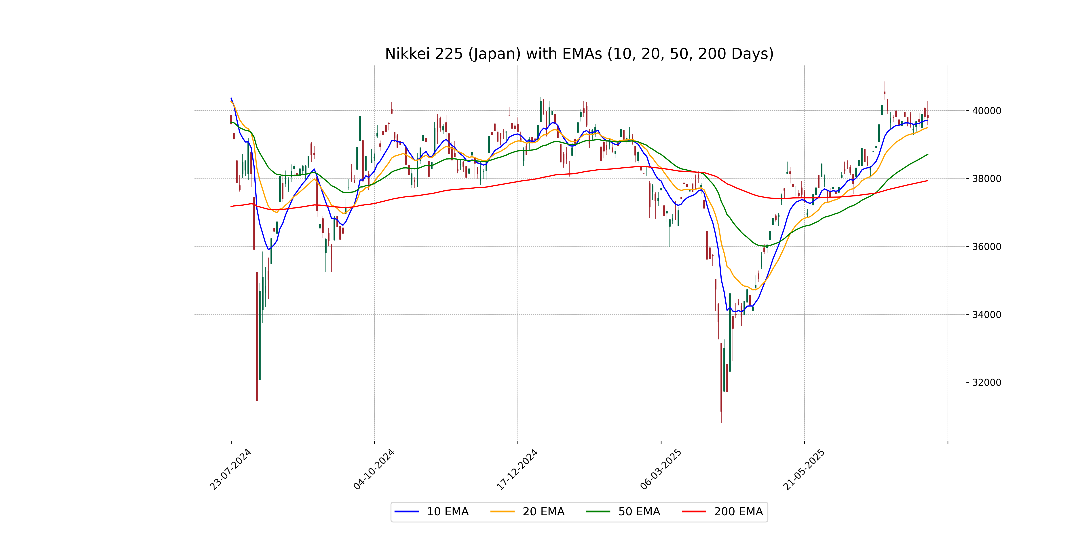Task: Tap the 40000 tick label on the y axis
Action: coord(986,111)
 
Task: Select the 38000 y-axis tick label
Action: coord(986,179)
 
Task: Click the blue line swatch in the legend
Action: coord(407,511)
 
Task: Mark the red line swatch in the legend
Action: coord(694,511)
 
